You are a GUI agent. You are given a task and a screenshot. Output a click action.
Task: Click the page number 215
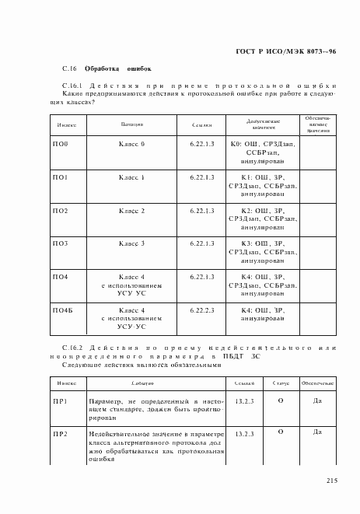tap(331, 481)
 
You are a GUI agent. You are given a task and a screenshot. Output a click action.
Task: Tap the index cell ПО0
tap(61, 145)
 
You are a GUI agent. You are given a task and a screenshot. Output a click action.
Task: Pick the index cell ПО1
tap(61, 178)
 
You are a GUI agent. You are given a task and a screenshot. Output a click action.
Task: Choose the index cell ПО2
tap(61, 211)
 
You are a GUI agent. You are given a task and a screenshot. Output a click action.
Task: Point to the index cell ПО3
tap(61, 244)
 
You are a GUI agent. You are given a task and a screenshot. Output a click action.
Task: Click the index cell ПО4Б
tap(63, 310)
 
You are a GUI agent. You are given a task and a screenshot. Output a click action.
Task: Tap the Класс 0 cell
tap(131, 145)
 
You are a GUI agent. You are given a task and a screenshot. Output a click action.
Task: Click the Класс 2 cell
tap(131, 211)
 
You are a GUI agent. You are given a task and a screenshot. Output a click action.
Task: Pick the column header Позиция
tap(131, 124)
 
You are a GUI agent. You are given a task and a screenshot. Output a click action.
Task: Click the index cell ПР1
tap(61, 401)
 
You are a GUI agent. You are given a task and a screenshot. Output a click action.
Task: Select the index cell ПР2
tap(61, 435)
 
